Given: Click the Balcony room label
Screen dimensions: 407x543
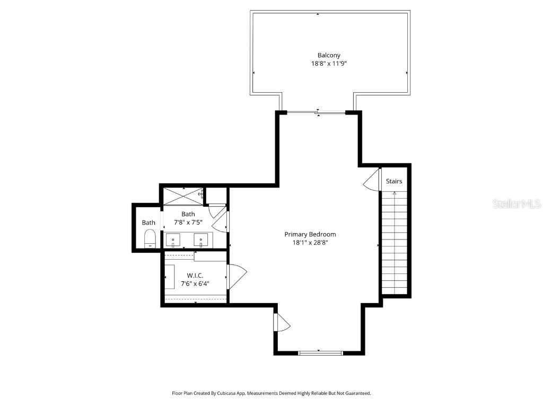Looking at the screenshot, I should point(329,55).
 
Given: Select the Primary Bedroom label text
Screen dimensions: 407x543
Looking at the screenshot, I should point(310,234).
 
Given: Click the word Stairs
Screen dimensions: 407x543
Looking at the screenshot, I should point(394,181).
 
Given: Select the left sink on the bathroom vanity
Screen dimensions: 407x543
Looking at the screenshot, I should point(173,240).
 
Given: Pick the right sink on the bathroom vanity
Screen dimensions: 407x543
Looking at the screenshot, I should point(201,240).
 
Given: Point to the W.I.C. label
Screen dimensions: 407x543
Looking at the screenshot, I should point(195,275).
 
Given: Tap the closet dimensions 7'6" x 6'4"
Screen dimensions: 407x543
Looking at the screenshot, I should point(195,284).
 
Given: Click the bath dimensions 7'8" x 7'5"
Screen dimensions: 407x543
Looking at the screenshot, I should point(188,223).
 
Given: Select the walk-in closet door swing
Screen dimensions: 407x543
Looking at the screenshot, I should point(238,276).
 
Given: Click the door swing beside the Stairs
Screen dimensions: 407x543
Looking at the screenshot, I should point(372,180).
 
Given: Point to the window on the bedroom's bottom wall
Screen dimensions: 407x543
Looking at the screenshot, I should point(320,352).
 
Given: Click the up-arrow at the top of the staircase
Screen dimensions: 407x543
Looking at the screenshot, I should point(394,193).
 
